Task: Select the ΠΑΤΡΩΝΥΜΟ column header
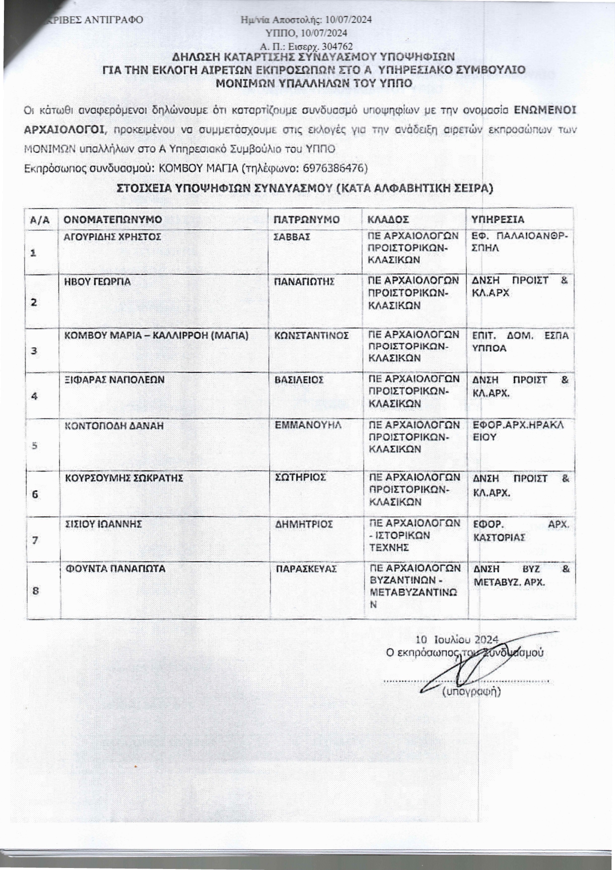(307, 219)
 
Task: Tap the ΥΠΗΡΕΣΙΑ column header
(497, 219)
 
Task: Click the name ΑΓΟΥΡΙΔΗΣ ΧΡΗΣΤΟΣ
(113, 237)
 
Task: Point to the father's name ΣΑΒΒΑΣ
(292, 237)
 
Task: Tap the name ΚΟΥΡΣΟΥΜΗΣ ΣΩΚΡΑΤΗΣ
(124, 478)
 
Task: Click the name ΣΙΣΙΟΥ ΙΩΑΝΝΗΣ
(105, 524)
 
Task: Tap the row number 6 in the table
(35, 494)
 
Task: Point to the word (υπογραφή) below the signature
(471, 691)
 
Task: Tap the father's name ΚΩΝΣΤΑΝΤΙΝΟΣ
(312, 335)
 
